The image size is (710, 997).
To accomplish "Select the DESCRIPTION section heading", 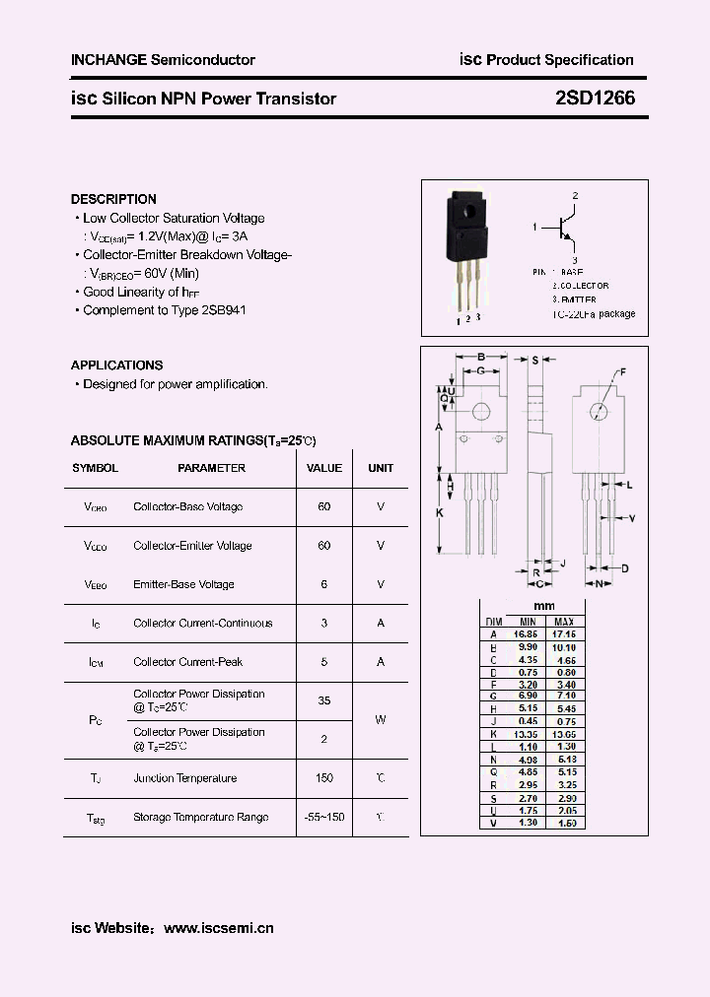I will [x=113, y=199].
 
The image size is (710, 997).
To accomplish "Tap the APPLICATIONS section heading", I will [x=116, y=365].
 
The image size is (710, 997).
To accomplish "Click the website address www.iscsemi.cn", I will [x=218, y=928].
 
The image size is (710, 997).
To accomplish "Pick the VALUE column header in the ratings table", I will [x=324, y=468].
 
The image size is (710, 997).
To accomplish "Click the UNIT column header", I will [x=381, y=468].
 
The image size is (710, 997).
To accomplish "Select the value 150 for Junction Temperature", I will [x=324, y=778].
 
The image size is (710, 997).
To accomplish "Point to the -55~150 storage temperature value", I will [x=324, y=818].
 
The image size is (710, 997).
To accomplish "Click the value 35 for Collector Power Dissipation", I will [x=324, y=700].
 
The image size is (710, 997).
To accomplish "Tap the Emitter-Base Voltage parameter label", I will [x=183, y=584].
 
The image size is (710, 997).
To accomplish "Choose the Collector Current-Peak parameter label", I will [x=187, y=662].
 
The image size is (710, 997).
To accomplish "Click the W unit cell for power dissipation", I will [x=381, y=719].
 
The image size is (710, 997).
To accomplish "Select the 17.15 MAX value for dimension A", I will [x=564, y=634].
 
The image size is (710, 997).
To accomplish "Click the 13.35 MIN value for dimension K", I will [x=527, y=735].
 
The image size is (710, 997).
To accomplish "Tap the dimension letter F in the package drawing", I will [x=622, y=371].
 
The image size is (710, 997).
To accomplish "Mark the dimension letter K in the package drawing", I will [x=440, y=512].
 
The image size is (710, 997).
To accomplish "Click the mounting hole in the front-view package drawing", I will [x=482, y=412].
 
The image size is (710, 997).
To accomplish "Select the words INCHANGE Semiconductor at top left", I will [x=163, y=60].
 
